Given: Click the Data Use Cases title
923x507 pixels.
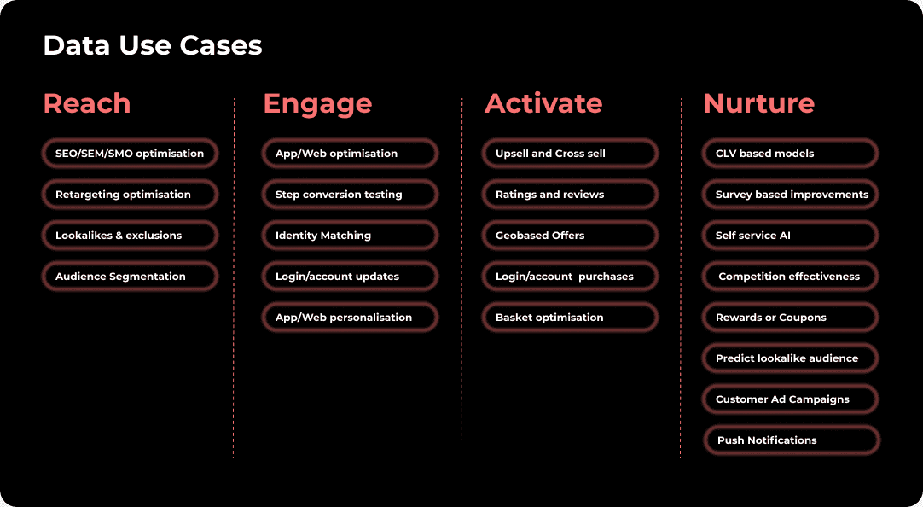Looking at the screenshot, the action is click(153, 45).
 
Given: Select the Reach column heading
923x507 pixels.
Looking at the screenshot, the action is click(87, 103).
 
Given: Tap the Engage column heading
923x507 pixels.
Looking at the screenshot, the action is click(317, 104).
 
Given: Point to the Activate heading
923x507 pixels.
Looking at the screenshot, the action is click(543, 103).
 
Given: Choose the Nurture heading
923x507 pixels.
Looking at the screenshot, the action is click(758, 103).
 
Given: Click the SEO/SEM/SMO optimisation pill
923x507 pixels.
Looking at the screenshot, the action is click(130, 153).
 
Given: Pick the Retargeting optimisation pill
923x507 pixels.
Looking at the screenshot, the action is click(130, 195).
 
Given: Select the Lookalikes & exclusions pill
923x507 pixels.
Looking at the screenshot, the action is click(130, 235).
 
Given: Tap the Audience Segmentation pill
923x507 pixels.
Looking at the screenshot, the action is click(130, 277).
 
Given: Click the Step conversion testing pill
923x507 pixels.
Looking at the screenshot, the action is click(350, 195).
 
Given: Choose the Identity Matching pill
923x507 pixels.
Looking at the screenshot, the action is click(350, 235).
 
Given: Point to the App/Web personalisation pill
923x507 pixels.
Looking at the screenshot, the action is click(350, 317).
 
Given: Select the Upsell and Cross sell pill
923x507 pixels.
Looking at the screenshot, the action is click(570, 153).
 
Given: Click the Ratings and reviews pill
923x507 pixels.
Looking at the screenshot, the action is click(570, 195).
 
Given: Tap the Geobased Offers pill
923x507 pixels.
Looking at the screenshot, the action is click(570, 235).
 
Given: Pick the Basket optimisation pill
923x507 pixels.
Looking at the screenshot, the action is click(570, 317).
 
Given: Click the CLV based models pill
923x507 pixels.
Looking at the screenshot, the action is click(790, 153).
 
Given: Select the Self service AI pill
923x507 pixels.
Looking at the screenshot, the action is click(790, 235).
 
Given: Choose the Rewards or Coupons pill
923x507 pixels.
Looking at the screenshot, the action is click(790, 317).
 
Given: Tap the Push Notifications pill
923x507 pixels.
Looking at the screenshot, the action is click(792, 440).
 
